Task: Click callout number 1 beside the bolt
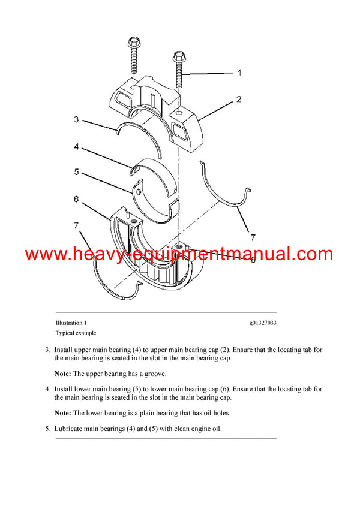[x=239, y=73]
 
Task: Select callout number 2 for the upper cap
[x=239, y=99]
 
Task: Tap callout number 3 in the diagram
[x=76, y=119]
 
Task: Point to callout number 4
[x=76, y=146]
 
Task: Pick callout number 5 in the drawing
[x=76, y=172]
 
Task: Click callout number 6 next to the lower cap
[x=76, y=199]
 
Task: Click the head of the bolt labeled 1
[x=178, y=58]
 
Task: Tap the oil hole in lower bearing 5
[x=138, y=192]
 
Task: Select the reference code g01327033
[x=263, y=323]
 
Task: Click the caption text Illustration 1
[x=71, y=323]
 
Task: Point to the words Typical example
[x=76, y=333]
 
